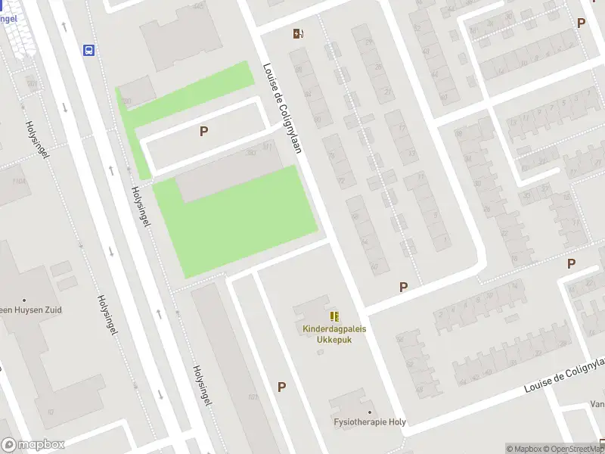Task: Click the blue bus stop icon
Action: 89,51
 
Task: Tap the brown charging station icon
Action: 299,33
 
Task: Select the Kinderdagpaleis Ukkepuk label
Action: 333,334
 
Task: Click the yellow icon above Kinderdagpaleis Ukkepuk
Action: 334,316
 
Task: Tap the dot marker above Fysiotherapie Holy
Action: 371,412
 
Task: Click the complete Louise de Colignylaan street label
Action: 283,107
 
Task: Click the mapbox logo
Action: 33,445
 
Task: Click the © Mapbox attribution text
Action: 523,449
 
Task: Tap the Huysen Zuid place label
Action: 30,310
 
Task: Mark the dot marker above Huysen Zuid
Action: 24,300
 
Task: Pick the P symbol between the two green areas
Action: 203,131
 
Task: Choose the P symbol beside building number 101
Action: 281,387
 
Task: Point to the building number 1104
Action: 19,180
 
